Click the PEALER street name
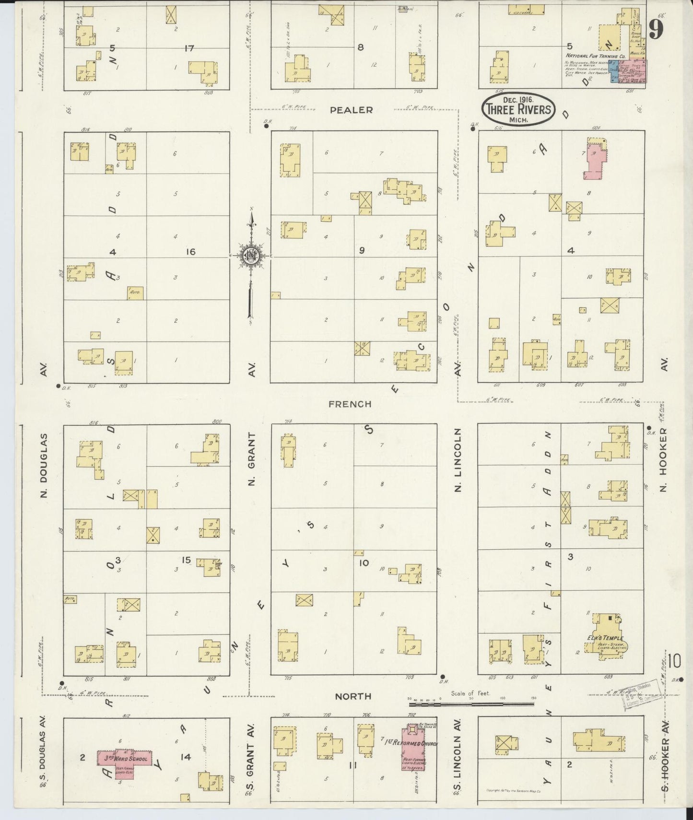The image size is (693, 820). coord(352,110)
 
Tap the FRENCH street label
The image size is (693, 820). coord(350,404)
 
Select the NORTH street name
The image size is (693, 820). coord(353,696)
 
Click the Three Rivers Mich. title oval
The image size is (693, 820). coord(518,109)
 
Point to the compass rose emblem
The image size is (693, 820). coord(250,256)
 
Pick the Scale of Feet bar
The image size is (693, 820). coord(471,704)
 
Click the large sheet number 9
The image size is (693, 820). coord(656,30)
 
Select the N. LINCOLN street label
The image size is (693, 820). coord(458,460)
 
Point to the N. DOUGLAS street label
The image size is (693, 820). coord(44,465)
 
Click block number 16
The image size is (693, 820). coord(191,251)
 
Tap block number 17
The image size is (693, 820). coord(189,48)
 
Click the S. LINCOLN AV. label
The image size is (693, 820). coord(458,748)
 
